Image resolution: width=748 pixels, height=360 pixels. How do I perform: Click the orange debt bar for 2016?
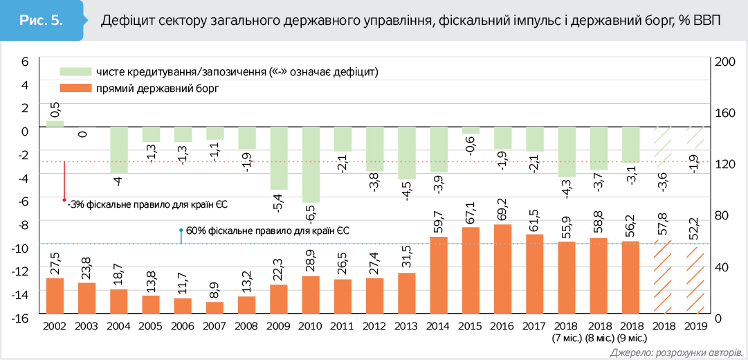coord(502,271)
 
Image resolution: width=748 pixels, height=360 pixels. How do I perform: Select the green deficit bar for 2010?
coord(311,165)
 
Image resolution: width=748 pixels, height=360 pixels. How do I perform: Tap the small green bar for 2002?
coord(55,124)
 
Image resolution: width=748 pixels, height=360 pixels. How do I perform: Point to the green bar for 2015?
coord(471,130)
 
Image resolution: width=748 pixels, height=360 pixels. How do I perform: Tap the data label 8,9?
coord(215,287)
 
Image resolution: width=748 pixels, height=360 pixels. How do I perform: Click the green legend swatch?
coord(75,71)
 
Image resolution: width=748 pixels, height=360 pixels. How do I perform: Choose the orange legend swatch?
coord(75,88)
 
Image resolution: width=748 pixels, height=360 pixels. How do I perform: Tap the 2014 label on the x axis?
coord(438,326)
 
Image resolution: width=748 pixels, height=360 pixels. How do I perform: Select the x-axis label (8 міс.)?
coord(599,339)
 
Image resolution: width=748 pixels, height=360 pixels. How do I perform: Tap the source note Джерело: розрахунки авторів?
coord(677,352)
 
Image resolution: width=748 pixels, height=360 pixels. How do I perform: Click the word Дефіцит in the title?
coord(125,21)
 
